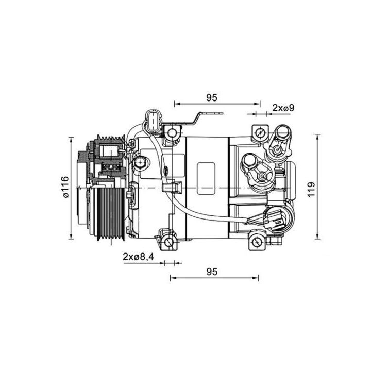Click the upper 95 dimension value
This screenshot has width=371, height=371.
tap(210, 97)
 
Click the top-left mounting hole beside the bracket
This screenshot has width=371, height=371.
tap(172, 134)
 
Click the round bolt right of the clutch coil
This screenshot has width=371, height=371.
tap(139, 163)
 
